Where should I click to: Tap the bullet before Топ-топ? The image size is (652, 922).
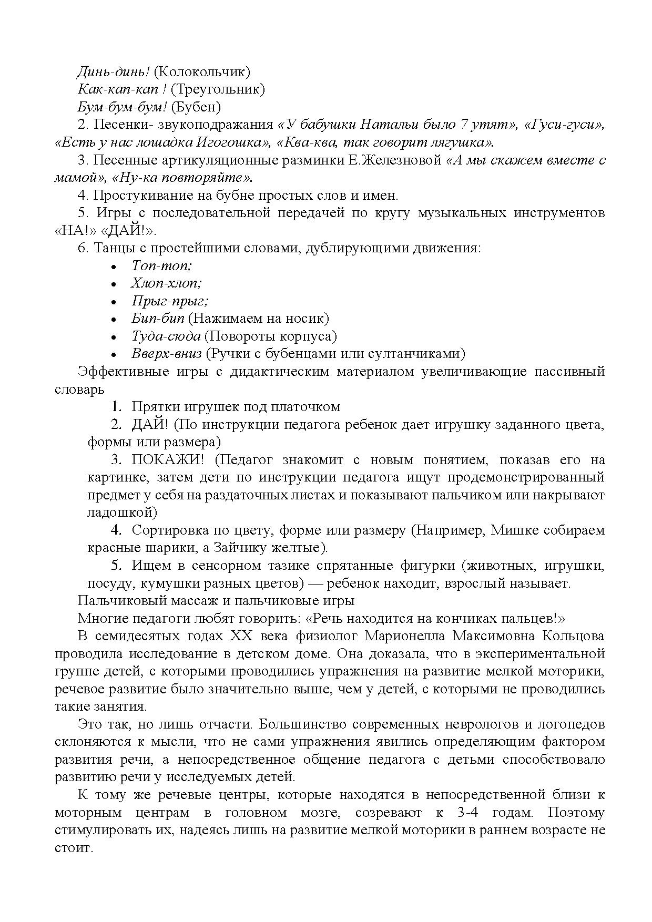(114, 267)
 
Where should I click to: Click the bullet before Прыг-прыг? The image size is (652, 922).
(114, 302)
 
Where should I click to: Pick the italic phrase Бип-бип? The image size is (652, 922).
(158, 319)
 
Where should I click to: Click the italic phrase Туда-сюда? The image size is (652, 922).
(166, 336)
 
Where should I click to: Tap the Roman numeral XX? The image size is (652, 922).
(241, 636)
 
